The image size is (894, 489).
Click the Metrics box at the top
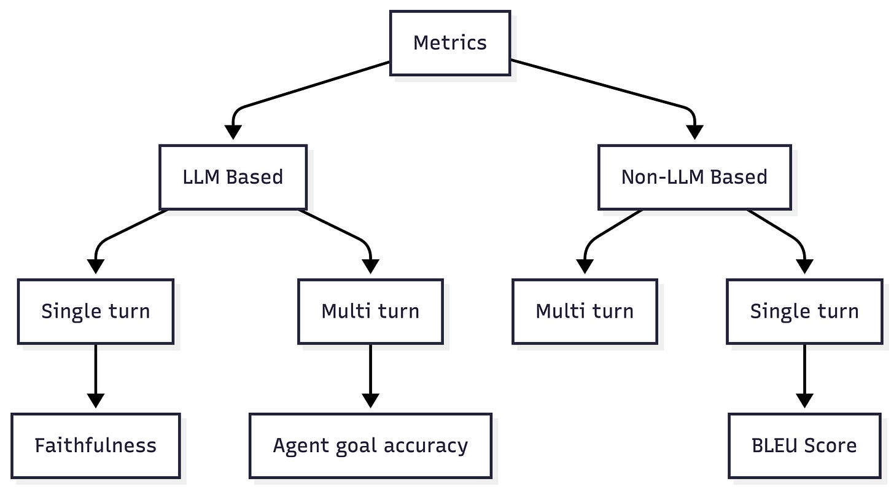[x=449, y=43]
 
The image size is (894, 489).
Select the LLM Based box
[x=233, y=177]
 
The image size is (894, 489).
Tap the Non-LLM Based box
[x=694, y=177]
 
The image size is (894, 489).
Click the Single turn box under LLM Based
[x=96, y=311]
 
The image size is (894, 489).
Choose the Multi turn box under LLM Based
[x=370, y=311]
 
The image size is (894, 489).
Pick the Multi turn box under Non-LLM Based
[x=585, y=311]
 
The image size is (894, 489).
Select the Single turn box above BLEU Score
[x=804, y=311]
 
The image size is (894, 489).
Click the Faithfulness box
[x=96, y=445]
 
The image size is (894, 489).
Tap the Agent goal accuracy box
[x=370, y=445]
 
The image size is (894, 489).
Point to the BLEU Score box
[x=804, y=445]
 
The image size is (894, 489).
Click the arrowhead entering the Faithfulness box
[x=96, y=401]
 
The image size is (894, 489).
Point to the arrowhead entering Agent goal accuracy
[x=370, y=401]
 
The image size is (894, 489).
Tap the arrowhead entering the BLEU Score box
[x=804, y=401]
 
